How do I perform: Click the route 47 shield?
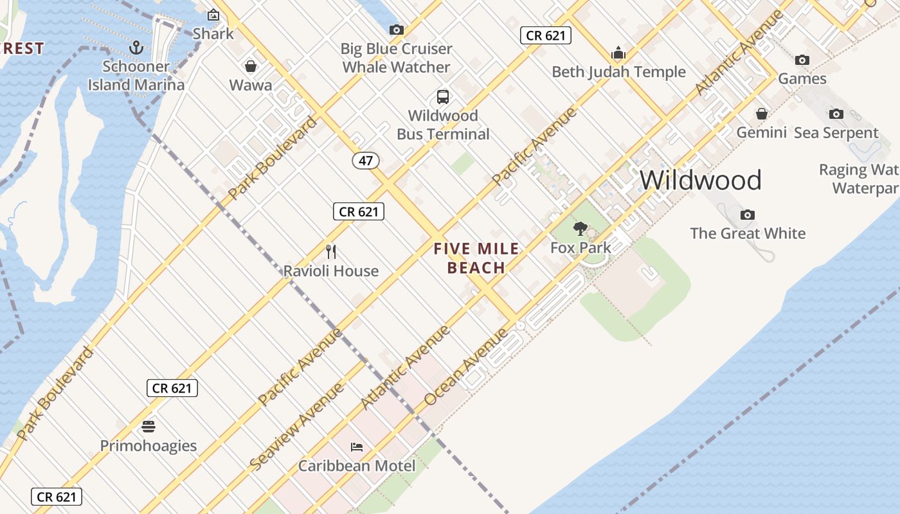(x=365, y=160)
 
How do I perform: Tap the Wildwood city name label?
(x=700, y=180)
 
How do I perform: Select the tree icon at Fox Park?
(x=580, y=229)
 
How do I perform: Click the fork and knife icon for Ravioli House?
(x=331, y=251)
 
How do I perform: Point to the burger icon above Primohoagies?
(x=148, y=427)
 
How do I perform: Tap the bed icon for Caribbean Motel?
(x=357, y=447)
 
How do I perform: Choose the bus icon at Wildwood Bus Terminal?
(x=443, y=97)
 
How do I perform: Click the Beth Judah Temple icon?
(x=618, y=53)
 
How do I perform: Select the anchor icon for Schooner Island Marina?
(x=136, y=47)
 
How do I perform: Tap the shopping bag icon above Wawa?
(x=251, y=66)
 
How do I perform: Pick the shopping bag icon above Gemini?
(x=762, y=114)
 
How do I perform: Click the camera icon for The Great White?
(x=747, y=215)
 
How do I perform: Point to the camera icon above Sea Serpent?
(x=836, y=114)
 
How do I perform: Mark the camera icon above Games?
(x=802, y=60)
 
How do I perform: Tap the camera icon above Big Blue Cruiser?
(x=397, y=30)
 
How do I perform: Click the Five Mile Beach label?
(x=476, y=258)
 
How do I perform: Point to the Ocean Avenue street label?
(x=466, y=367)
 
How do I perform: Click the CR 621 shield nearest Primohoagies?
(x=172, y=388)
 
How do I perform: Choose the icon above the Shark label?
(x=213, y=15)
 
